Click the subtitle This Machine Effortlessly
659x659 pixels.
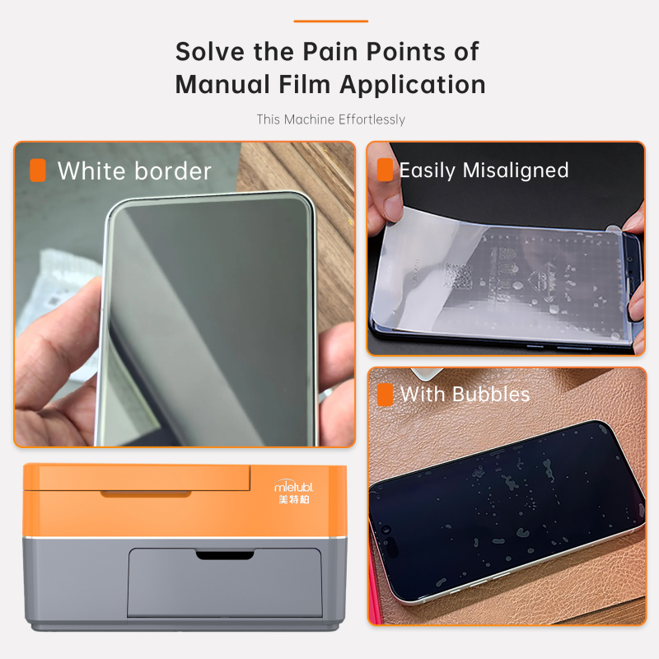330,119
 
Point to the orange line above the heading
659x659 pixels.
330,21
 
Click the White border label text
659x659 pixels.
134,171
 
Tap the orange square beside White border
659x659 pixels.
37,171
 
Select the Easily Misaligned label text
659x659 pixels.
484,171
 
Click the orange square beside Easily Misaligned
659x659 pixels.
385,170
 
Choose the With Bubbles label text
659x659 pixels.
465,395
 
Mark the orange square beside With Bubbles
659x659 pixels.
385,395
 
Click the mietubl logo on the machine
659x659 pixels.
294,487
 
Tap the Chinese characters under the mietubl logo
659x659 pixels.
294,499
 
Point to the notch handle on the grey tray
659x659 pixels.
224,556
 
